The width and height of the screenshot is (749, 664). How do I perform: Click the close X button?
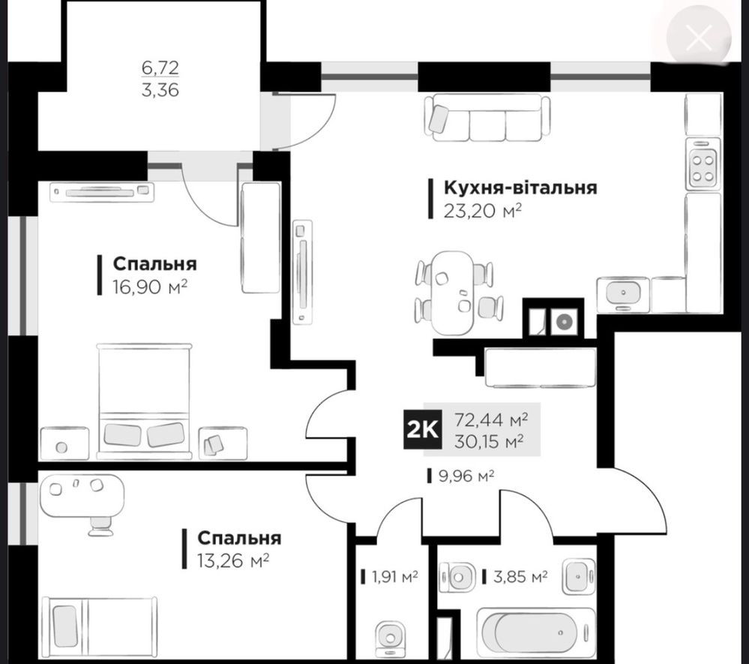(x=698, y=38)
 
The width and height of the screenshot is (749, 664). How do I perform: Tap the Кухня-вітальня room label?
(x=520, y=188)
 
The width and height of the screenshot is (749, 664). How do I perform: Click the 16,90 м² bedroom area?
(x=149, y=287)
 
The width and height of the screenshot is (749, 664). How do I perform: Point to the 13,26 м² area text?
(x=233, y=560)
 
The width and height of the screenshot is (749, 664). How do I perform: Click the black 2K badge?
(x=422, y=430)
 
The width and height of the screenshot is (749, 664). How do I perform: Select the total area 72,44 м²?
(x=490, y=419)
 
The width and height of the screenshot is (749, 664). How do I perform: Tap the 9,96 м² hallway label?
(x=466, y=476)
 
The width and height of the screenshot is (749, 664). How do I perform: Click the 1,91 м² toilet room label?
(x=395, y=577)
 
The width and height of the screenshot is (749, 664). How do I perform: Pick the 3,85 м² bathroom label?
(x=520, y=577)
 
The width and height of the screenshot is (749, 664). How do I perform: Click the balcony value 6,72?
(x=160, y=68)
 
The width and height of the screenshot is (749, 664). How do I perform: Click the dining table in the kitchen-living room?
(x=452, y=292)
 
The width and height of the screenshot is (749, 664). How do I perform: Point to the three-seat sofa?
(x=487, y=118)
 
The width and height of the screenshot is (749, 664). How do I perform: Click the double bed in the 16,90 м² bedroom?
(x=144, y=401)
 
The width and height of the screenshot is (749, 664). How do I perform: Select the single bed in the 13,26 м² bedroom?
(x=100, y=626)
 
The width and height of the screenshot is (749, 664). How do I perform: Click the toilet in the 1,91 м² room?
(x=391, y=638)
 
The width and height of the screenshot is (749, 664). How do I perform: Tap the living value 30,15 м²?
(x=488, y=440)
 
